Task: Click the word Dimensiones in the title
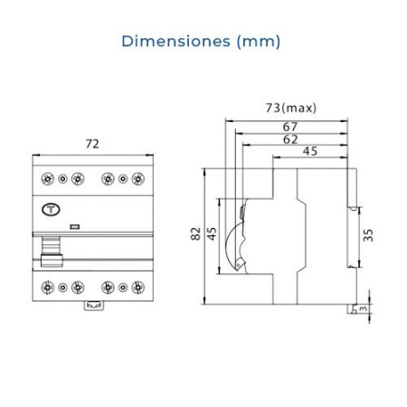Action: pos(171,41)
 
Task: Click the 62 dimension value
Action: pos(289,140)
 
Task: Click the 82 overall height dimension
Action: pos(195,234)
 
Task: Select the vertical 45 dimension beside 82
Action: pos(213,234)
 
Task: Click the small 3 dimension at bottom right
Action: pos(364,309)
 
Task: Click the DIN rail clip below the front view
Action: pos(91,310)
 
